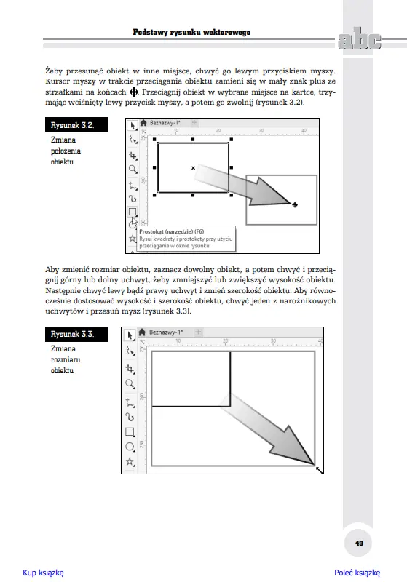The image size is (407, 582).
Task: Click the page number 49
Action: [359, 543]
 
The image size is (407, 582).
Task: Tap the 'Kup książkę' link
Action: [43, 573]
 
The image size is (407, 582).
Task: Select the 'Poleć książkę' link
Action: [357, 573]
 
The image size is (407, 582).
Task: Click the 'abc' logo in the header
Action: [359, 39]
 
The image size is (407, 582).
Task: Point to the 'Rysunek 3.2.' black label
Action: [76, 125]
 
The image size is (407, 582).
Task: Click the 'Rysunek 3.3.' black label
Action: [76, 334]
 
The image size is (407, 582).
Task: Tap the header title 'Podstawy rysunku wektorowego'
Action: [191, 32]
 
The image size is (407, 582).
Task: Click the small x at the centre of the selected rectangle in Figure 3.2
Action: [193, 168]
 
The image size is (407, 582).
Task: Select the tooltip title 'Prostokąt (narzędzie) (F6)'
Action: [172, 231]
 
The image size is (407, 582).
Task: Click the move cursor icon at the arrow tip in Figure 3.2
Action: [294, 205]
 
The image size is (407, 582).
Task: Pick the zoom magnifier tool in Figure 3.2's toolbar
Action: [133, 170]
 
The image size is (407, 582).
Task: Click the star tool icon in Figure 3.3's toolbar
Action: [130, 461]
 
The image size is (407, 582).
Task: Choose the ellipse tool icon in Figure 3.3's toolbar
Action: [130, 447]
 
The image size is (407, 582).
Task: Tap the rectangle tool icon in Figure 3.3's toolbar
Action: [130, 431]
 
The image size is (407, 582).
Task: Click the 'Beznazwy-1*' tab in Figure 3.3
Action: [166, 332]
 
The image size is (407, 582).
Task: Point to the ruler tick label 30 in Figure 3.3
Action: [273, 340]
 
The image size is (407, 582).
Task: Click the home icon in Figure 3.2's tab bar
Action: [143, 123]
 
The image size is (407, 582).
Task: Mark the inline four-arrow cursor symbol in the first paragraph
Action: [134, 92]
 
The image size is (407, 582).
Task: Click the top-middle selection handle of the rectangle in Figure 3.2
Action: [193, 140]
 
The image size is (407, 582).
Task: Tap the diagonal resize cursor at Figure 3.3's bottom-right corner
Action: [320, 470]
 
